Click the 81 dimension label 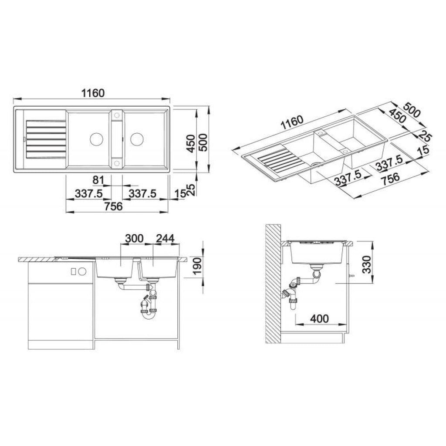click(99, 180)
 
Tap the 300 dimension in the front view click(134, 239)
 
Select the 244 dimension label click(165, 239)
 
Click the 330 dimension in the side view click(367, 264)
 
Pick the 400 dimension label click(319, 319)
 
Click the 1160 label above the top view click(93, 93)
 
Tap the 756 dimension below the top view click(113, 206)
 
